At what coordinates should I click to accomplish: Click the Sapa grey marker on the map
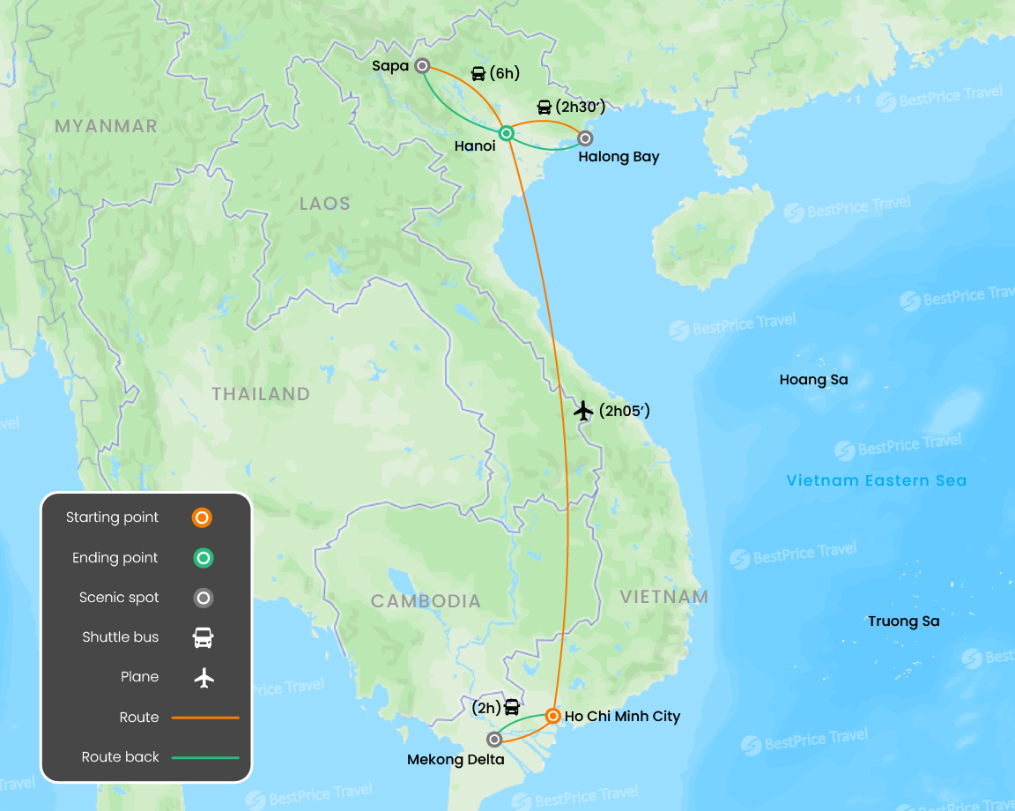[423, 65]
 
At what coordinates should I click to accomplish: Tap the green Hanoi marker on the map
[507, 133]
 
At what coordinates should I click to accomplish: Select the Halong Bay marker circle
[585, 138]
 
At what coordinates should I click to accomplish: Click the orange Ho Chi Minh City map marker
[552, 716]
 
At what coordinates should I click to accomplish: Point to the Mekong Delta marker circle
[494, 739]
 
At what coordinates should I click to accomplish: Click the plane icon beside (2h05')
[582, 410]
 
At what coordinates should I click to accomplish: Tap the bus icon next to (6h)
[478, 74]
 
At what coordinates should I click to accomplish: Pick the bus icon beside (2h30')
[545, 108]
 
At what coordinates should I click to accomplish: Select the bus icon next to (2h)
[512, 707]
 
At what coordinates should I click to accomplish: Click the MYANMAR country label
[106, 126]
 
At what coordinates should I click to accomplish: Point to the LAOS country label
[324, 204]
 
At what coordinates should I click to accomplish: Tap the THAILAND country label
[261, 394]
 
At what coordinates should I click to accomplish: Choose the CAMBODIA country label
[426, 601]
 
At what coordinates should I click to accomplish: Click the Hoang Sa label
[813, 380]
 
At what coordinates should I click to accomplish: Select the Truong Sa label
[903, 621]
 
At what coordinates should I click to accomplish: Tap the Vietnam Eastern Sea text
[876, 480]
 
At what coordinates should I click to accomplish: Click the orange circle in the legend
[202, 517]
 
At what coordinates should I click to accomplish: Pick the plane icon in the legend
[204, 677]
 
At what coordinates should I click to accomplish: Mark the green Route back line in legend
[205, 757]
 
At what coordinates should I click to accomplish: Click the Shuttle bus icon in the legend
[203, 637]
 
